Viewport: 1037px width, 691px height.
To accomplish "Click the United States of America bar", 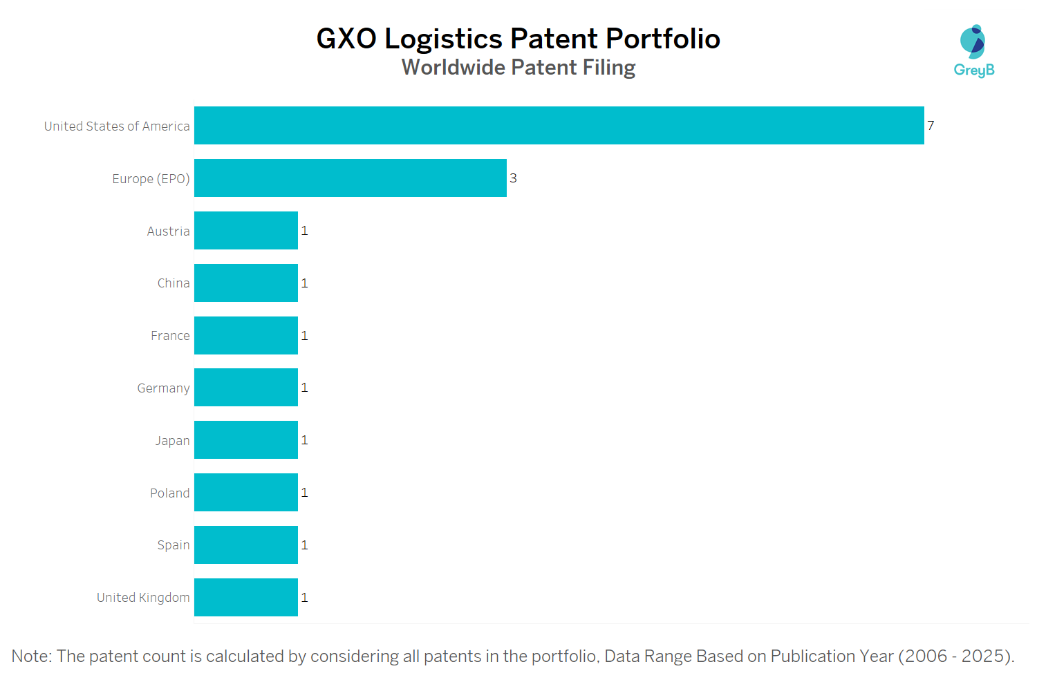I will (559, 125).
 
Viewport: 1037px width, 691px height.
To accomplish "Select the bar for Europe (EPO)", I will (350, 178).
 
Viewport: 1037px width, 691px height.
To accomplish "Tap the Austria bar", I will (245, 230).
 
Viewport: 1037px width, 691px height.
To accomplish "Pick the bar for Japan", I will (245, 439).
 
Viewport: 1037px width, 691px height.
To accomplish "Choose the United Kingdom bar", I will (245, 597).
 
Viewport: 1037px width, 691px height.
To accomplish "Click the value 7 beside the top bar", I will (931, 125).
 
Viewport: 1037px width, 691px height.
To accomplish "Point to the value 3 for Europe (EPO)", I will (513, 178).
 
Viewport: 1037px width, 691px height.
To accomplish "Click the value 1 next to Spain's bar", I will (304, 545).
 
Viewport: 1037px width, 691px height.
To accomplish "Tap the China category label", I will (173, 283).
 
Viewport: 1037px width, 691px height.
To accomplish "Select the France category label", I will (170, 335).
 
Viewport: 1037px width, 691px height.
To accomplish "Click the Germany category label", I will (163, 388).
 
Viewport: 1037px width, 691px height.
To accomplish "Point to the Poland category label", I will (169, 493).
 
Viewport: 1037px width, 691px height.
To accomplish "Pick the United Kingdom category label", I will (143, 597).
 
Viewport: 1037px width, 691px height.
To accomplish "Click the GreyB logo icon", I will (973, 41).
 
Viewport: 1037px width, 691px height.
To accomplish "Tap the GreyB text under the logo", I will (973, 70).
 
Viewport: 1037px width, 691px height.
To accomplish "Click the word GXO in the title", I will (346, 39).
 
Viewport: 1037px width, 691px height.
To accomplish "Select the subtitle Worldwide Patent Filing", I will (518, 68).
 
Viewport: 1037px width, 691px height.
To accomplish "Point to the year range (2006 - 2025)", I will (955, 656).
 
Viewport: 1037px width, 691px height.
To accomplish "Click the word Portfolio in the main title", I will (663, 39).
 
